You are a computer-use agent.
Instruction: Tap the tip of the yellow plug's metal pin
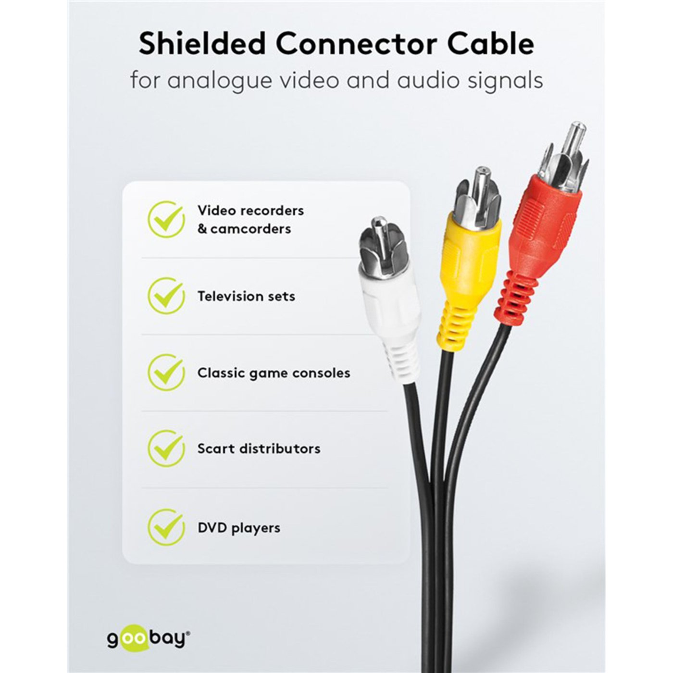pyautogui.click(x=483, y=169)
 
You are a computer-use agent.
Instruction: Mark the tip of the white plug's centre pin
pyautogui.click(x=379, y=219)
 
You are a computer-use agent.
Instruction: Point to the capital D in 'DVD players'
pyautogui.click(x=203, y=528)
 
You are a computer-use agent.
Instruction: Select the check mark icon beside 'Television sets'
pyautogui.click(x=166, y=296)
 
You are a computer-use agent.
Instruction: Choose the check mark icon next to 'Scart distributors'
pyautogui.click(x=166, y=448)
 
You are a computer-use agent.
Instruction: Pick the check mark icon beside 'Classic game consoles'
pyautogui.click(x=166, y=372)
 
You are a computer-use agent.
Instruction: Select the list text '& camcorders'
pyautogui.click(x=244, y=229)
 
